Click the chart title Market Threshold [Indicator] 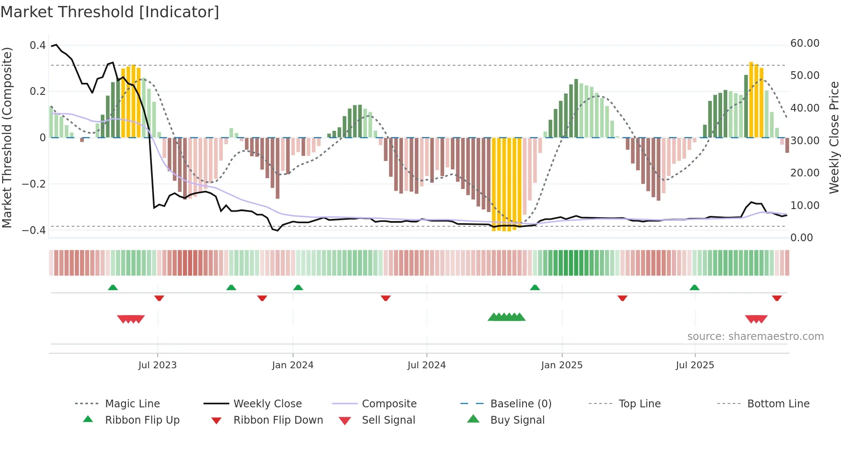pos(110,12)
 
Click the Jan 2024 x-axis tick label pos(293,365)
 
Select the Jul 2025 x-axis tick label pos(695,365)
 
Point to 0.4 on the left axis pos(38,45)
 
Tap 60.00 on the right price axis pos(805,43)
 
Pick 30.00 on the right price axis pos(805,141)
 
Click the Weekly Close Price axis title pos(834,137)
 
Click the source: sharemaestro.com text pos(755,337)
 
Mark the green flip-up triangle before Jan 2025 pos(535,288)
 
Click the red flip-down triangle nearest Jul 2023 pos(159,298)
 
